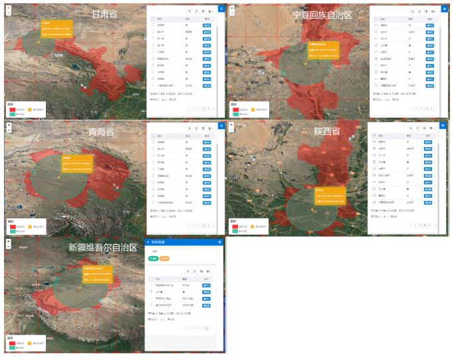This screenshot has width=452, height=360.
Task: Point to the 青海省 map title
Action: click(102, 132)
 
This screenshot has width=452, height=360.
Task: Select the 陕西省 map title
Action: click(327, 132)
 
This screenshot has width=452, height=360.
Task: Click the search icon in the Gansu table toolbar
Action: click(189, 11)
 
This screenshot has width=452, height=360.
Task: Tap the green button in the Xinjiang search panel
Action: click(154, 258)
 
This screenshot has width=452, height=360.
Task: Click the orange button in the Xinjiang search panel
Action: click(164, 258)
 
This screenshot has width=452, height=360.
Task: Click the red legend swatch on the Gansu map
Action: click(11, 108)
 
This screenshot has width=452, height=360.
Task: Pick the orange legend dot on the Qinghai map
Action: click(31, 226)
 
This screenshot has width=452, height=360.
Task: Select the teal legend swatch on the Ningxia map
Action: click(234, 113)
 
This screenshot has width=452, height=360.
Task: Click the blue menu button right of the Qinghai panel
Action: click(221, 124)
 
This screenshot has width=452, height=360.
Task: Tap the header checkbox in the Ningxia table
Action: click(376, 19)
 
